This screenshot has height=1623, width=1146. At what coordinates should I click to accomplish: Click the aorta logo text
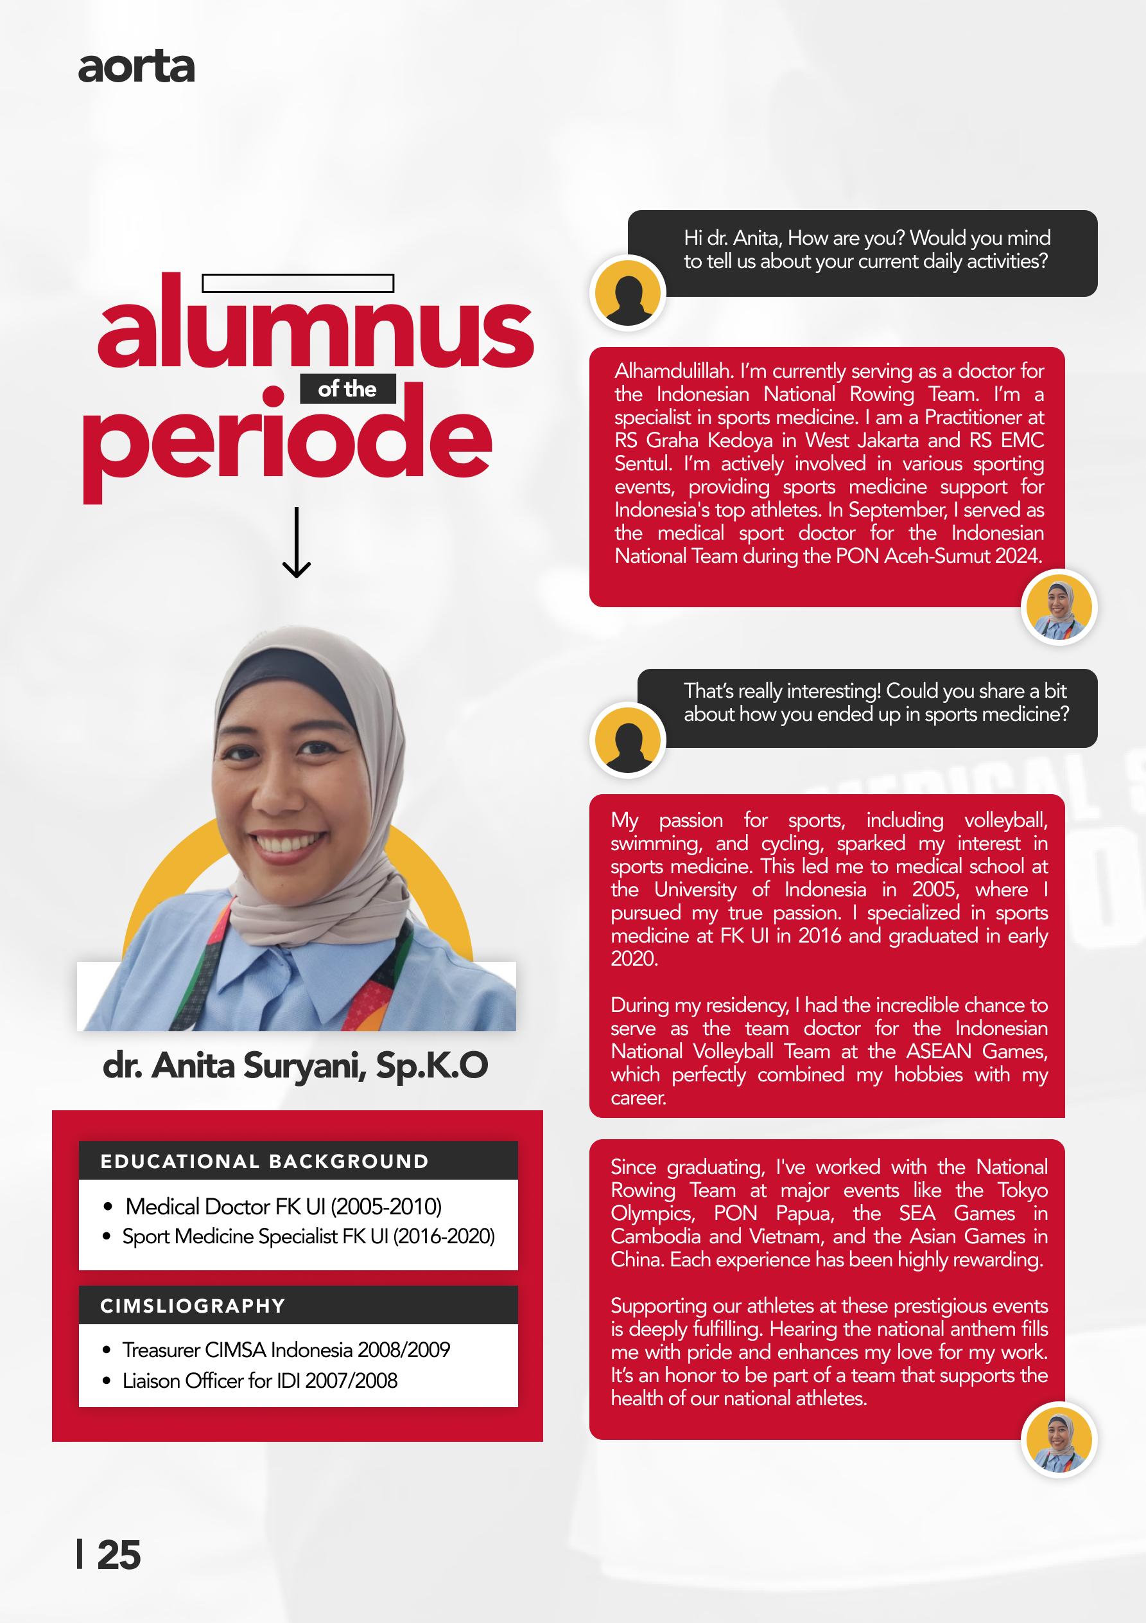135,68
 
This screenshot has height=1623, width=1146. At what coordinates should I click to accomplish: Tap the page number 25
119,1556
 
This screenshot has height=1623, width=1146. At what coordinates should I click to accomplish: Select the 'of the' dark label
347,389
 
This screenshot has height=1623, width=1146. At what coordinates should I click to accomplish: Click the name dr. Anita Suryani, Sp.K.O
295,1066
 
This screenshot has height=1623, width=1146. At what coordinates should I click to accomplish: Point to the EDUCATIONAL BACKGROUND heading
265,1162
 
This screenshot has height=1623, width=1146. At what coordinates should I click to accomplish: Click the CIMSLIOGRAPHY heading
192,1306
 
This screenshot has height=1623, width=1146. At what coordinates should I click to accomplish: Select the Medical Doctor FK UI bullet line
282,1206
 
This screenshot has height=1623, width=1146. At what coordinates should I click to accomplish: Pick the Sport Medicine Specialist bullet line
308,1236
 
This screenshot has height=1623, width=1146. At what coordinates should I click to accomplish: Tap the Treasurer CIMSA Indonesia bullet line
286,1349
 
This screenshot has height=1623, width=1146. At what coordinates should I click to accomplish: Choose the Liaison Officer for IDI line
259,1381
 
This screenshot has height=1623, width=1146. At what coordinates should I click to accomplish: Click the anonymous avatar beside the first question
627,292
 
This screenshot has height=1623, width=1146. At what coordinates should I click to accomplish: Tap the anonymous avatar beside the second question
627,740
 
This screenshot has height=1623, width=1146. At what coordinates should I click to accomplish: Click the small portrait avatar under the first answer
1059,607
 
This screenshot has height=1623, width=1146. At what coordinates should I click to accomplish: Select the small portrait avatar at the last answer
1059,1440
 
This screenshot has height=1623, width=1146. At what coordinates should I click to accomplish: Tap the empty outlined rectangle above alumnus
297,283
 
